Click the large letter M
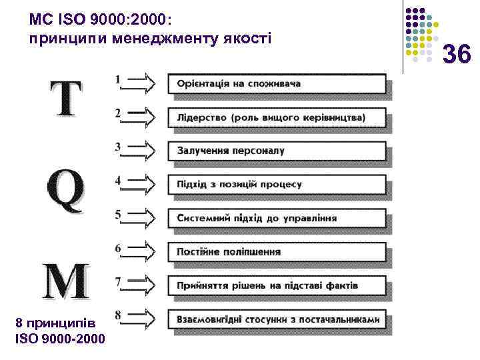[65, 281]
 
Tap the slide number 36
[457, 54]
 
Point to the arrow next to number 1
[141, 83]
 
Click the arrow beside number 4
[141, 183]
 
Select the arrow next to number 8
[141, 317]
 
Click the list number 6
[118, 248]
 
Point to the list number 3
[118, 147]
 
